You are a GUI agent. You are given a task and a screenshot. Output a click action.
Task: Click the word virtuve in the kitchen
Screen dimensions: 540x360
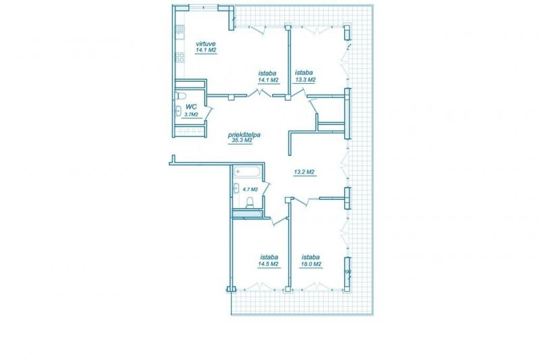point(206,44)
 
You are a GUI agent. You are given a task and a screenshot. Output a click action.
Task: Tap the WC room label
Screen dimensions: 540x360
point(191,107)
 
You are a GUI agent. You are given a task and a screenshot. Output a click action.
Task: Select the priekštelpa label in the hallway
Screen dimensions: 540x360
point(244,134)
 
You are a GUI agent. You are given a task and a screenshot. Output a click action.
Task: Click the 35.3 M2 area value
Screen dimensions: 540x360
point(240,140)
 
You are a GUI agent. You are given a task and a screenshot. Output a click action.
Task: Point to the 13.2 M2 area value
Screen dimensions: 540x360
point(304,172)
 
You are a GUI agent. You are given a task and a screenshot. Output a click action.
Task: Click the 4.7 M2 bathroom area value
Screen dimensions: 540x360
point(250,189)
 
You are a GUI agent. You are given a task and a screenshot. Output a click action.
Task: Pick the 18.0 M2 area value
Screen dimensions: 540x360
point(311,264)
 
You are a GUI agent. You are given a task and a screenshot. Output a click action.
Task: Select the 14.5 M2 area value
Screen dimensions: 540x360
point(268,264)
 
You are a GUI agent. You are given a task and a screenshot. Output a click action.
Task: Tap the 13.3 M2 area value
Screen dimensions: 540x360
point(305,80)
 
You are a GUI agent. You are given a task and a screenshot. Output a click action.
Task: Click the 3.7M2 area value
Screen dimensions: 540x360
point(192,114)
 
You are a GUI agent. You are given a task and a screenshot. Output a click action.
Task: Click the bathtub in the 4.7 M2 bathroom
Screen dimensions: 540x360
point(247,172)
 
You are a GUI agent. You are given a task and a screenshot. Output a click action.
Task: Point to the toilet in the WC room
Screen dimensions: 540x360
point(180,95)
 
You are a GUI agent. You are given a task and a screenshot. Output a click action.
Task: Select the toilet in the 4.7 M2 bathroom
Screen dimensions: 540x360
point(250,203)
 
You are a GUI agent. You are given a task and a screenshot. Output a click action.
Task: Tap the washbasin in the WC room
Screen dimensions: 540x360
point(178,111)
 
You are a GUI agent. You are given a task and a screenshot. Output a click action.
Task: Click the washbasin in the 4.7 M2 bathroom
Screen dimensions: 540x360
point(237,188)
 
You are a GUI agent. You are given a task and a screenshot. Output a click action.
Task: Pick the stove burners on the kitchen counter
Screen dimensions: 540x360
point(180,57)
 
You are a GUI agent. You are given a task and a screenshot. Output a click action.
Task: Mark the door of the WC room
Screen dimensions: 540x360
point(209,113)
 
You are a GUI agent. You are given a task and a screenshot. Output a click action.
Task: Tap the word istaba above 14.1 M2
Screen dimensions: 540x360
point(267,73)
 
